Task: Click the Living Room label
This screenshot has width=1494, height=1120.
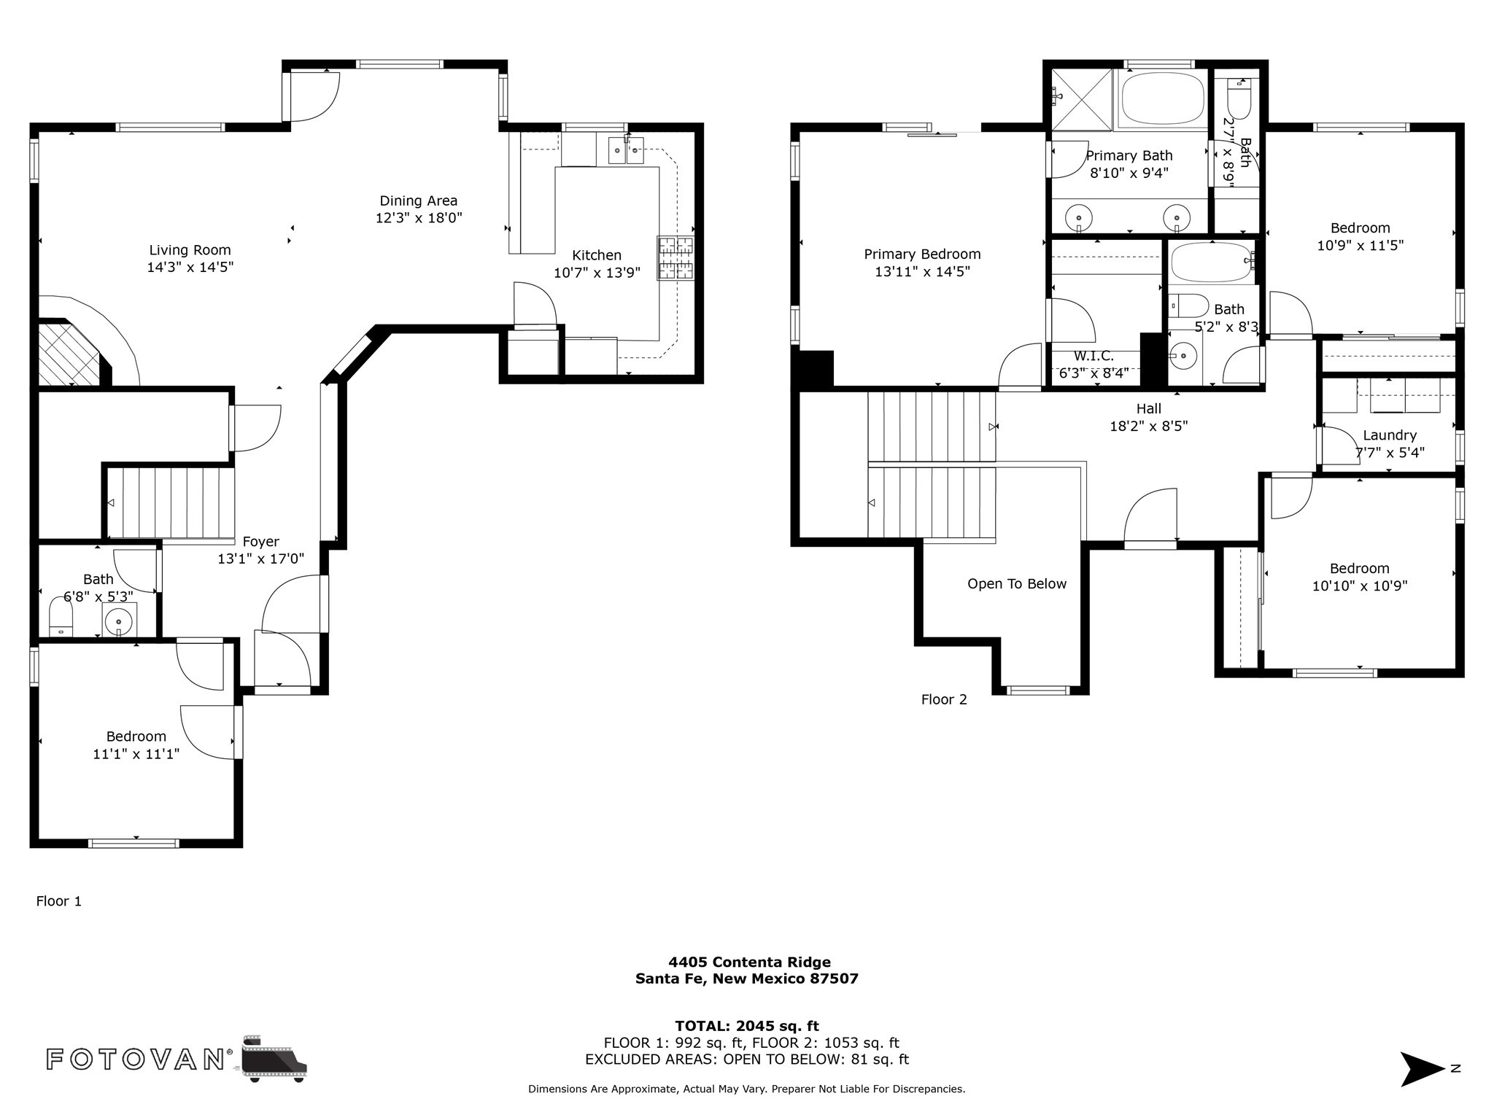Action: point(190,250)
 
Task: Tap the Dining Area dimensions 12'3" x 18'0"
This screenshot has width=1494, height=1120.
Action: point(419,218)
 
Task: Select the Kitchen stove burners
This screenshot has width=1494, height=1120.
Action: point(676,258)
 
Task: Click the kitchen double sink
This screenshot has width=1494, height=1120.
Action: point(626,150)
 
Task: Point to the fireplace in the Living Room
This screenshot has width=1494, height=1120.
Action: point(69,353)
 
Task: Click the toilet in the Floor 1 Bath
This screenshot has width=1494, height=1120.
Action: point(61,617)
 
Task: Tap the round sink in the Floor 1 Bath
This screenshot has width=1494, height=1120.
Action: point(119,621)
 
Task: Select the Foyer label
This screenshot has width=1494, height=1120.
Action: point(260,542)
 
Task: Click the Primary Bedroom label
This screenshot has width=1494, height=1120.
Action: point(922,254)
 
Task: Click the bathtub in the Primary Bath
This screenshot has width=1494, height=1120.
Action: point(1162,98)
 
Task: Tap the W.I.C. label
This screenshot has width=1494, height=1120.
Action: point(1094,356)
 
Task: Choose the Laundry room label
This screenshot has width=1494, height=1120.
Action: point(1390,435)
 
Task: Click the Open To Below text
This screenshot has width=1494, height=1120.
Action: point(1017,584)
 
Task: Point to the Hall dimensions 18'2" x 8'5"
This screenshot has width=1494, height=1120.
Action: point(1149,426)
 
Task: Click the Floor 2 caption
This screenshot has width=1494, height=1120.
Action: point(944,700)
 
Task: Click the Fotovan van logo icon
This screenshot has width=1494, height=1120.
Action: point(274,1059)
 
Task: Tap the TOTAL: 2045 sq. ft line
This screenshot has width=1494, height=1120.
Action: point(747,1026)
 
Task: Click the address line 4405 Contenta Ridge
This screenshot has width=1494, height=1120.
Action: point(749,962)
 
